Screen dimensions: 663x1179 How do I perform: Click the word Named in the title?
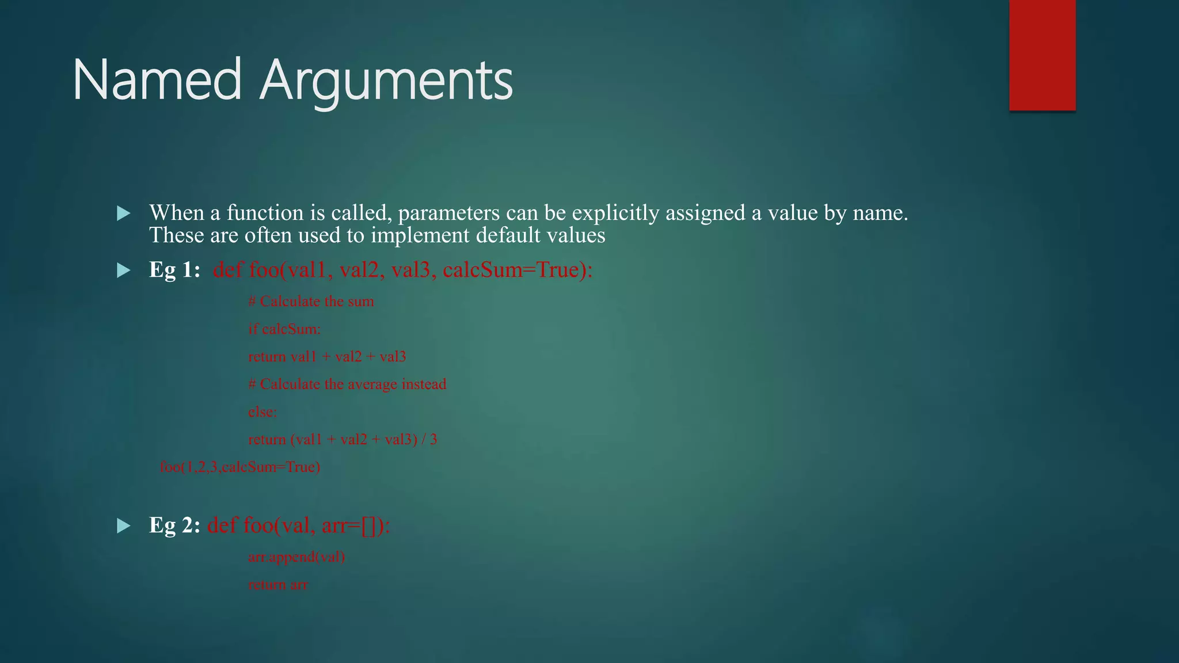(x=157, y=80)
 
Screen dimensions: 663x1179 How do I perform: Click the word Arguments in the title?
(x=386, y=81)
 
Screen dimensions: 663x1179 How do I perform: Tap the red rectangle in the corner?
(x=1042, y=55)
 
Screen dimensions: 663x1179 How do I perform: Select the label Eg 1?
(x=174, y=270)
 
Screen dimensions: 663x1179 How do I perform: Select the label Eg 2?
(x=174, y=525)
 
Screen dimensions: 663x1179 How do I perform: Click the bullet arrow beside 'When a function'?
(x=123, y=214)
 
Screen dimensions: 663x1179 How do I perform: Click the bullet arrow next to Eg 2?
(x=123, y=526)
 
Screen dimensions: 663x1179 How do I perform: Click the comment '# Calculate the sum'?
(x=311, y=302)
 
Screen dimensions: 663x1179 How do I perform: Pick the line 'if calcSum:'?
(x=284, y=329)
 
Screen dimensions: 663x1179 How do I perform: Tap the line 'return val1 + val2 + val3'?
(x=327, y=357)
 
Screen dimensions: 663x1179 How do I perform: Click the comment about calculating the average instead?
(x=347, y=384)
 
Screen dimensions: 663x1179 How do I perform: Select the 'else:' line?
(x=263, y=412)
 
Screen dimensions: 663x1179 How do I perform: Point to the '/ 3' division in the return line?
(x=429, y=440)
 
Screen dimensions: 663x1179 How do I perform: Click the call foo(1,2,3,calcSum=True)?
(x=240, y=467)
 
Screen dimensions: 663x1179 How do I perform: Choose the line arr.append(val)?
(x=296, y=557)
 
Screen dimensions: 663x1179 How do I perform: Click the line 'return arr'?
(x=278, y=585)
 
